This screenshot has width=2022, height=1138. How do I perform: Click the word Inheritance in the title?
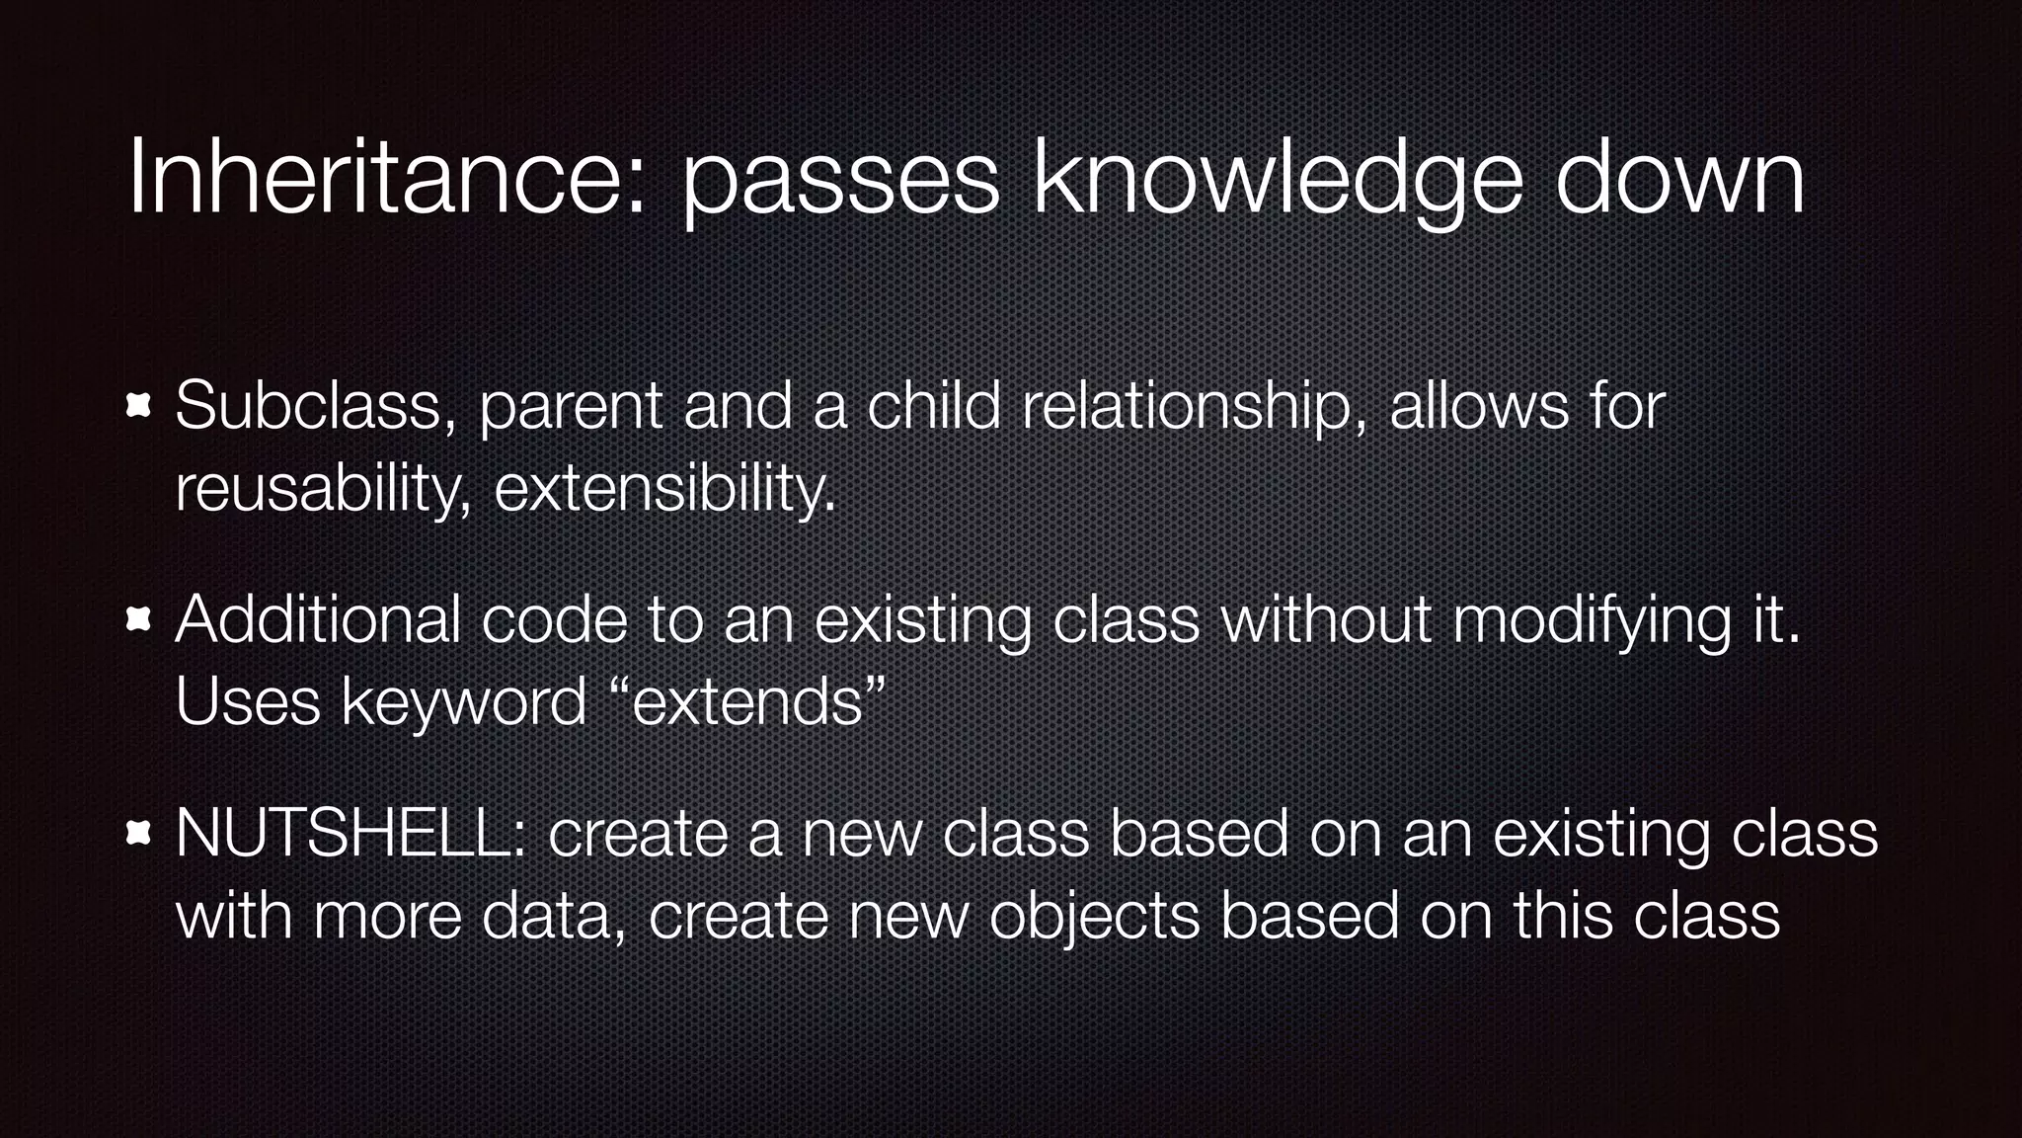point(386,178)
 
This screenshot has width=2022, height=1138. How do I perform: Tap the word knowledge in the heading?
point(1277,180)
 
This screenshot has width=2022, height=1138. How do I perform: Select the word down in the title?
point(1680,178)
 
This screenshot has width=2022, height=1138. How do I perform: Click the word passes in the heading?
point(840,180)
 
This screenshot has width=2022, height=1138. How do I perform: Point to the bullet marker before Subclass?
point(138,406)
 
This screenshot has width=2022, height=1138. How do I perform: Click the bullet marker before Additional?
point(138,620)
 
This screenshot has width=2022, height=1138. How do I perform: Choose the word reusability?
point(323,489)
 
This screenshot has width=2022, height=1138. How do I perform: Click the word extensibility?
point(663,487)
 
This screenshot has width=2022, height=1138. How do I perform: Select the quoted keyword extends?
point(747,701)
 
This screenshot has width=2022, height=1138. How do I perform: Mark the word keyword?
point(464,703)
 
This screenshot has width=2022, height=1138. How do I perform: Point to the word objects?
point(1094,917)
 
